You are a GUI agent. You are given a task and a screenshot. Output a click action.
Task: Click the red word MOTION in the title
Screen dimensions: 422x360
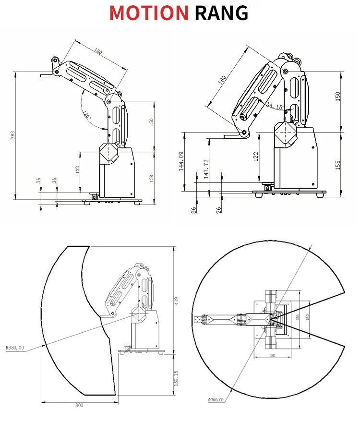149,13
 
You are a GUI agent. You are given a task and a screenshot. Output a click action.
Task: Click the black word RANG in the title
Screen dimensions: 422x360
221,13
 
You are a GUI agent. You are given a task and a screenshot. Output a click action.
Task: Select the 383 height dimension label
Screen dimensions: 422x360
12,136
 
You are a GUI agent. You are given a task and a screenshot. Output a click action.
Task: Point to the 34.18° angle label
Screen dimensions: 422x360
275,106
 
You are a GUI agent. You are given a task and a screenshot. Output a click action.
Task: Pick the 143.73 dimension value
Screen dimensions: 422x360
206,169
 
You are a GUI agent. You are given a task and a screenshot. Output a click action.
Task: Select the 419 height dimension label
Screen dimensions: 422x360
176,301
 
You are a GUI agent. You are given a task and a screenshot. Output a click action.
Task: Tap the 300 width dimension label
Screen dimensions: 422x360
79,405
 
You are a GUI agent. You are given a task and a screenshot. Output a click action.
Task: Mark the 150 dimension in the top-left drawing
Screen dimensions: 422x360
151,122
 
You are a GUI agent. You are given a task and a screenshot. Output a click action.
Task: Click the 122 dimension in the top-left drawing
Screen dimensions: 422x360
78,169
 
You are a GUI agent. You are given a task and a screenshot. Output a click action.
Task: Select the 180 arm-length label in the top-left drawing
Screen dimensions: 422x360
98,51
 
